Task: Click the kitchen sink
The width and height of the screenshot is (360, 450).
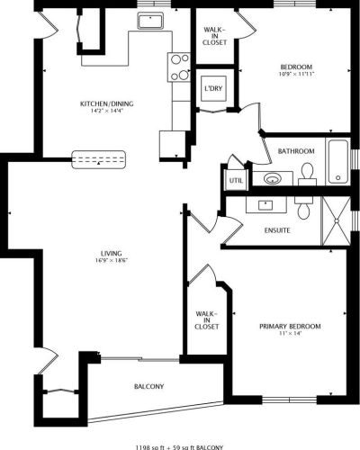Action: pyautogui.click(x=150, y=21)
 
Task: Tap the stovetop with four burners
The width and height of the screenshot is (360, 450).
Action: pyautogui.click(x=179, y=67)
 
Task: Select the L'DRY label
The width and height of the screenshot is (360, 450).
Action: pyautogui.click(x=213, y=88)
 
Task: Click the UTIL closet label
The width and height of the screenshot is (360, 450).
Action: pyautogui.click(x=236, y=181)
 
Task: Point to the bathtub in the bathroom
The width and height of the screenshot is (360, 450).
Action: pyautogui.click(x=338, y=161)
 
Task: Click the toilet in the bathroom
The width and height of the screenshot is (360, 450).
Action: pyautogui.click(x=307, y=175)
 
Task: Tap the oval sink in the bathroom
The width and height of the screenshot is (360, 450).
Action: pyautogui.click(x=273, y=179)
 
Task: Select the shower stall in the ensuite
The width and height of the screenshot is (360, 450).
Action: pyautogui.click(x=336, y=221)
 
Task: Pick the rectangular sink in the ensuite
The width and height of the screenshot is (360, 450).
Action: pyautogui.click(x=265, y=205)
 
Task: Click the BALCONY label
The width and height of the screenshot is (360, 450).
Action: pyautogui.click(x=148, y=386)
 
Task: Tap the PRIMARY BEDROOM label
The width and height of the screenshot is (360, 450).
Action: pyautogui.click(x=290, y=326)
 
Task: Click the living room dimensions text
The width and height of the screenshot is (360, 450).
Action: pyautogui.click(x=112, y=260)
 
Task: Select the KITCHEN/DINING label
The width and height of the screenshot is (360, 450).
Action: pyautogui.click(x=107, y=103)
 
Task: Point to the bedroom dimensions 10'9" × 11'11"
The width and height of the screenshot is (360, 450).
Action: pyautogui.click(x=296, y=74)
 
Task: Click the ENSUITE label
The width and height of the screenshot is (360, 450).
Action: pyautogui.click(x=277, y=230)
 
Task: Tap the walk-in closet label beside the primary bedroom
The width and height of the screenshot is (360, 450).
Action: pyautogui.click(x=207, y=320)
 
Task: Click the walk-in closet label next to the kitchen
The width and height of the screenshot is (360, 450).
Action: pyautogui.click(x=214, y=36)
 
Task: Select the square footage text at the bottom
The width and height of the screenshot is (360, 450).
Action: pyautogui.click(x=180, y=447)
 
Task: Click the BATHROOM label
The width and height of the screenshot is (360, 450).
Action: pyautogui.click(x=296, y=151)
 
